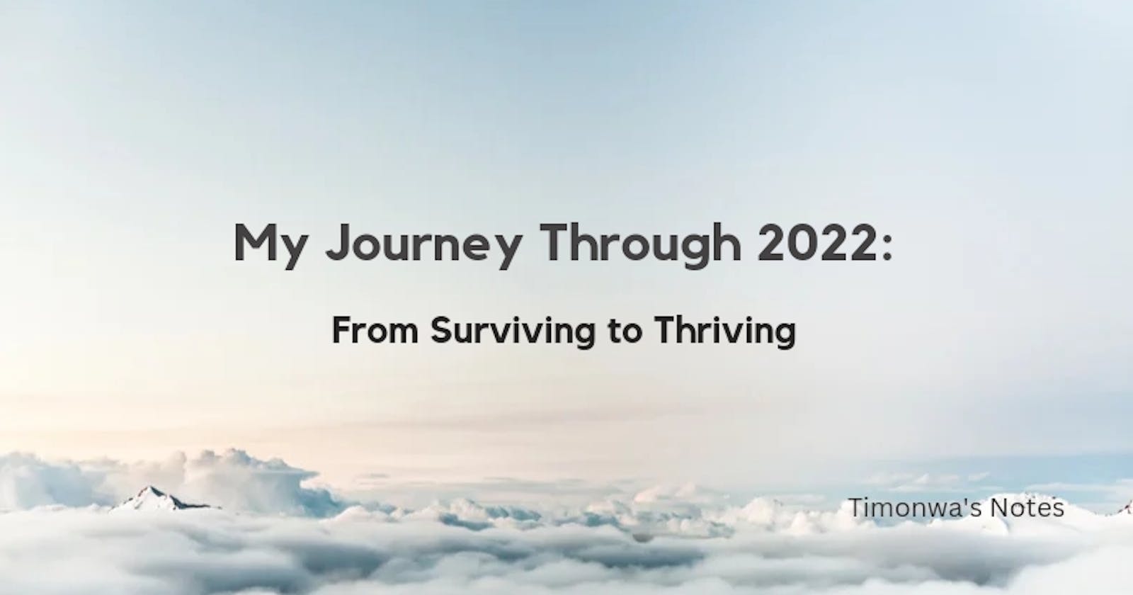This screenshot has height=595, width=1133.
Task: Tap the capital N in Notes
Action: pos(998,508)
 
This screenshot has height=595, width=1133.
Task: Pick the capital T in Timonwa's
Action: pos(855,508)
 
